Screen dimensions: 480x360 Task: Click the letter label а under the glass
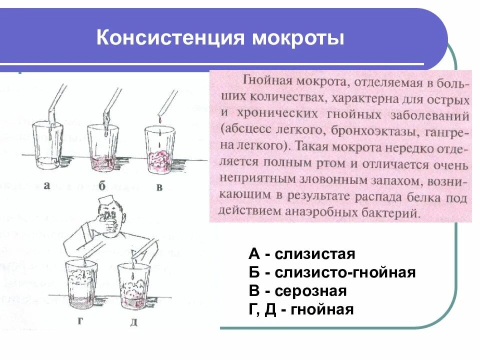click(46, 185)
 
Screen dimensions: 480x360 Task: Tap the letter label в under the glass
click(159, 188)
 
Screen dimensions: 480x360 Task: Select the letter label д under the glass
click(133, 322)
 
